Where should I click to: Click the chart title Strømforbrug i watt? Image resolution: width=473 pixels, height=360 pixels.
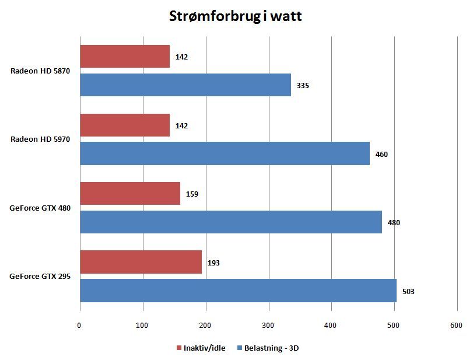coord(235,16)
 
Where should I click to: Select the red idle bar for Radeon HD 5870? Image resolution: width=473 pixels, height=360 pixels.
coord(125,57)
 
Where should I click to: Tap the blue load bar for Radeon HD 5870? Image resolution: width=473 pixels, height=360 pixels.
coord(185,85)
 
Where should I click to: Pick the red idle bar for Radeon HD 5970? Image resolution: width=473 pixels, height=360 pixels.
coord(125,125)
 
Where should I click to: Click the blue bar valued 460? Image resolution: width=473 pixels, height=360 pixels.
coord(225,154)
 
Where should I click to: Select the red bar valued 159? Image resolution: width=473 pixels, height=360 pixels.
coord(130,194)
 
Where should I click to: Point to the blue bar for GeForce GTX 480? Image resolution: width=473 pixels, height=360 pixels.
coord(231,222)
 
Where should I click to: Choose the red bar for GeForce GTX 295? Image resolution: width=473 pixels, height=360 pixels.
coord(141,263)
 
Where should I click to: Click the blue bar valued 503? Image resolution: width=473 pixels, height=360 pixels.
coord(238,291)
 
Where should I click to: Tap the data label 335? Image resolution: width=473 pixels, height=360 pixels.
coord(303,86)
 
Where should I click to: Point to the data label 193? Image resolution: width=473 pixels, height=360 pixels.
coord(213,263)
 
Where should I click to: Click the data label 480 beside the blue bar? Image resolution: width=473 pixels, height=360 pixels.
coord(394,223)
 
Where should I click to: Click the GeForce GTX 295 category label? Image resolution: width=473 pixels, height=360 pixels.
coord(40,277)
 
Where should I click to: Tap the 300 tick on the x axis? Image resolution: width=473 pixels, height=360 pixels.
coord(268,326)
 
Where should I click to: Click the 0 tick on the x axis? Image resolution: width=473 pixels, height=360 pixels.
coord(79,326)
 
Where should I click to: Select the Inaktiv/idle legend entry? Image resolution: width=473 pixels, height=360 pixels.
coord(201,348)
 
